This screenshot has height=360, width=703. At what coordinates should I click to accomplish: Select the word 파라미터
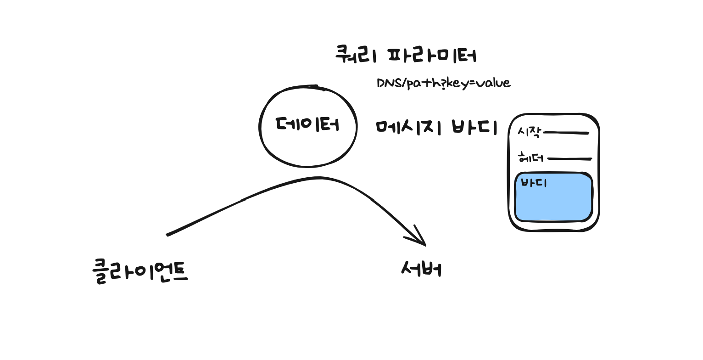[432, 56]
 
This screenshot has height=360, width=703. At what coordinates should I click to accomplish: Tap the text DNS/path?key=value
[443, 83]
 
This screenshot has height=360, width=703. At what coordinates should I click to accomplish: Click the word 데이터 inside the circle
[307, 124]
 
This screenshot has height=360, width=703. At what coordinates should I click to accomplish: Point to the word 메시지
[408, 127]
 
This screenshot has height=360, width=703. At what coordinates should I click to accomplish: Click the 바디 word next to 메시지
[474, 127]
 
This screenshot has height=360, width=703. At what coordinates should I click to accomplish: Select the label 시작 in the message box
[530, 132]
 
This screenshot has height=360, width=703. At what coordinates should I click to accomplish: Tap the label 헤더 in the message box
[530, 157]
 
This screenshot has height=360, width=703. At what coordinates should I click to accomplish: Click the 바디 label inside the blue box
[534, 183]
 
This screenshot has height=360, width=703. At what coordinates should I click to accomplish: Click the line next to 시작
[566, 133]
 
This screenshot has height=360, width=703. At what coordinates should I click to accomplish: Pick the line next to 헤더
[569, 159]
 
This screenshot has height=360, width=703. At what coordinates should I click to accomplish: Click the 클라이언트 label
[140, 271]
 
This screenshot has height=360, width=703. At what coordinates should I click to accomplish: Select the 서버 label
[422, 269]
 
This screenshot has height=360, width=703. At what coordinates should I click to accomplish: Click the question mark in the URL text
[443, 84]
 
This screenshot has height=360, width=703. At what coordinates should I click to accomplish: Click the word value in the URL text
[493, 83]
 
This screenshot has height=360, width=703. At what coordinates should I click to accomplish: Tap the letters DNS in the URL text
[389, 83]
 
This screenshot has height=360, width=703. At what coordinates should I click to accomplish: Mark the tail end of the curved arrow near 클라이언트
[167, 235]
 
